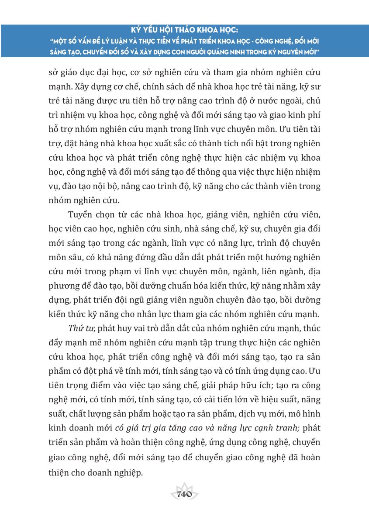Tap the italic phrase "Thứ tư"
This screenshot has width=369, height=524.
80,328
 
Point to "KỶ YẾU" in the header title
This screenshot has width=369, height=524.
145,31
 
